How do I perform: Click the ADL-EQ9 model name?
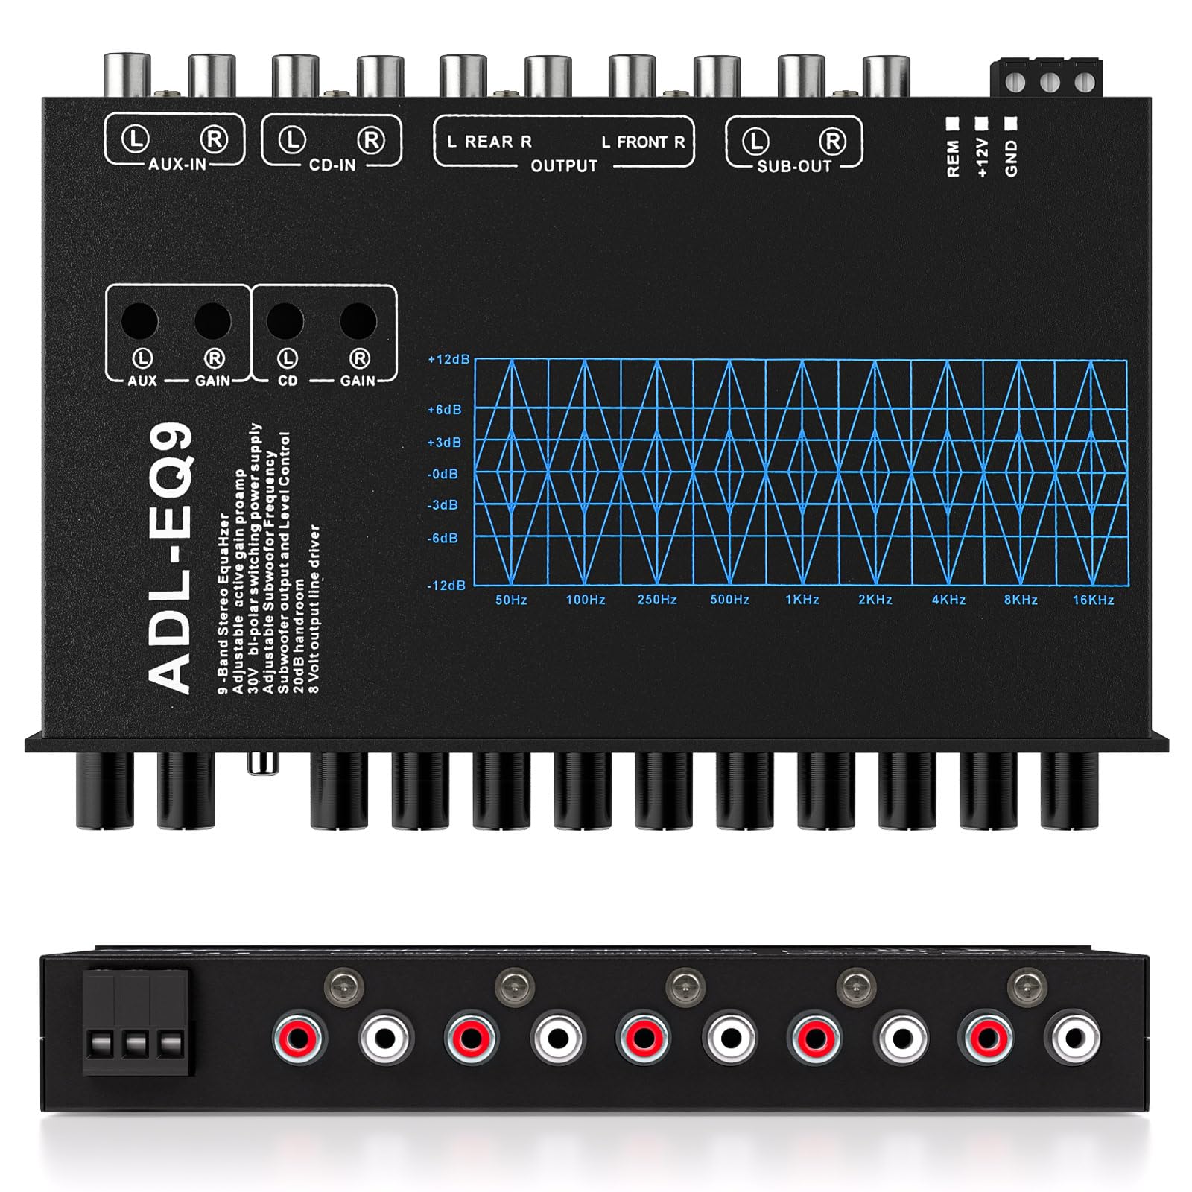click(171, 559)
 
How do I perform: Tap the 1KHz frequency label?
click(802, 600)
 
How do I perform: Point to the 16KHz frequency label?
click(1093, 600)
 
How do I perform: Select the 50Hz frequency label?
click(511, 600)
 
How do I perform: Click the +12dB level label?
click(448, 359)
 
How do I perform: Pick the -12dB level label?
click(446, 586)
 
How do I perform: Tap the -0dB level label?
click(443, 474)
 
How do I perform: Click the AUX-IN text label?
click(177, 164)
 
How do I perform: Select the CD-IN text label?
click(332, 165)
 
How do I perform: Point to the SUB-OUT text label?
click(794, 166)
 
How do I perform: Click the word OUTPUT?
click(564, 165)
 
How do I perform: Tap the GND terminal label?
click(1011, 159)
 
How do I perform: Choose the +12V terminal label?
click(982, 157)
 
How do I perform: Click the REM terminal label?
click(953, 159)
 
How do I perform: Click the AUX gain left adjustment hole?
click(140, 321)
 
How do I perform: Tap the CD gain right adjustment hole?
click(358, 321)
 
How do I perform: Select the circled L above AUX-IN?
click(136, 139)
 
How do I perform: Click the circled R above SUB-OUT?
click(833, 141)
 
